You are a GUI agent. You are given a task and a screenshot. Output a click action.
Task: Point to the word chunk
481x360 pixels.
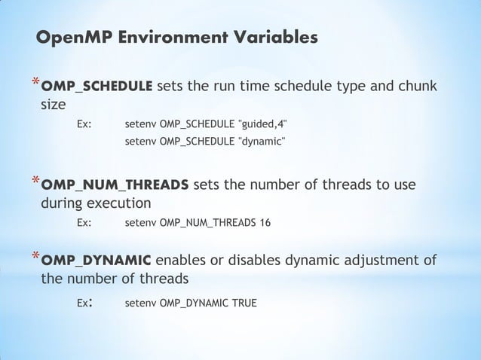tap(415, 86)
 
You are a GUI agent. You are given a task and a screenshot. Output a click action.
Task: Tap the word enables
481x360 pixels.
tap(185, 261)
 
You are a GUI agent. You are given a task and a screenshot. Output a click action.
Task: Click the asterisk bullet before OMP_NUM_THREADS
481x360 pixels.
tap(34, 182)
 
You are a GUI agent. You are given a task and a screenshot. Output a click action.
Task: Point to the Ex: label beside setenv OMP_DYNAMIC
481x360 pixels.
tap(84, 303)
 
